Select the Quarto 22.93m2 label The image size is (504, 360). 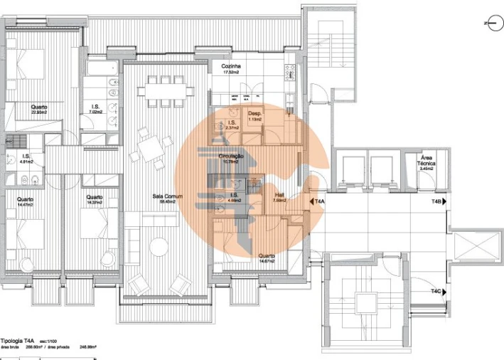click(38, 109)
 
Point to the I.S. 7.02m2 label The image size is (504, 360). click(95, 109)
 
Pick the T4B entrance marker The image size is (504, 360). click(438, 203)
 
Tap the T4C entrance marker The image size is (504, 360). click(437, 292)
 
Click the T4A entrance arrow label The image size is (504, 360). click(318, 203)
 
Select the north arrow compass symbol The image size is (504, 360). click(490, 23)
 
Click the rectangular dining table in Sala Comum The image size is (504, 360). click(168, 90)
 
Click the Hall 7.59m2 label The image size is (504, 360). click(279, 198)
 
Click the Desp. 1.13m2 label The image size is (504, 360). click(254, 117)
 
